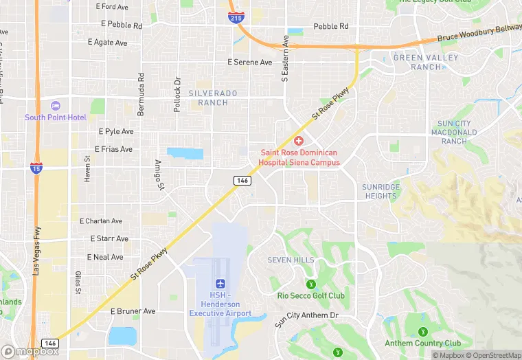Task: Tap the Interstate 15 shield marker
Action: [36, 168]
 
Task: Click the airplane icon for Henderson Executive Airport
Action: [220, 283]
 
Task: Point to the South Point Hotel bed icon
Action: [56, 106]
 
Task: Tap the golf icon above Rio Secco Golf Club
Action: [310, 283]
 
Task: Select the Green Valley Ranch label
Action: [425, 63]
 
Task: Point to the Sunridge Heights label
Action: [380, 191]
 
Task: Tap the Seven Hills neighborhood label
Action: [291, 260]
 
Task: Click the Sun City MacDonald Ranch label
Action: [454, 132]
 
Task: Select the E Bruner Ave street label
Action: [133, 311]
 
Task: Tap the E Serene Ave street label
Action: [250, 63]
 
